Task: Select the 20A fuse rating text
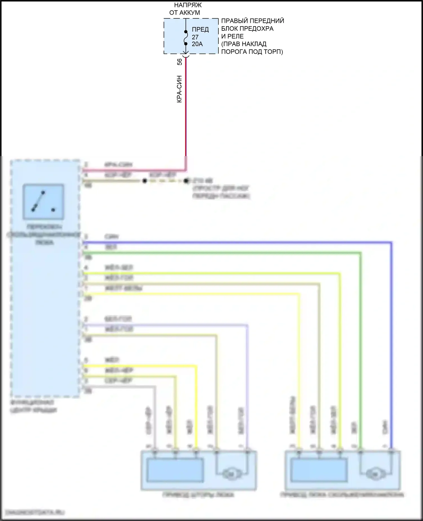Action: [197, 44]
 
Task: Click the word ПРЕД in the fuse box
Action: [200, 29]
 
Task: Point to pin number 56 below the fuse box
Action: [180, 62]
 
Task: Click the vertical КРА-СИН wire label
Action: [179, 89]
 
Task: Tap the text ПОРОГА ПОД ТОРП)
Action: [252, 52]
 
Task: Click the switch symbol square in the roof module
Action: [43, 202]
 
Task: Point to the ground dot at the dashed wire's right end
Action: [186, 181]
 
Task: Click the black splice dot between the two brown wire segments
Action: [144, 181]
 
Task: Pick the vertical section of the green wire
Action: [360, 339]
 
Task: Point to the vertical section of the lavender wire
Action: [248, 381]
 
